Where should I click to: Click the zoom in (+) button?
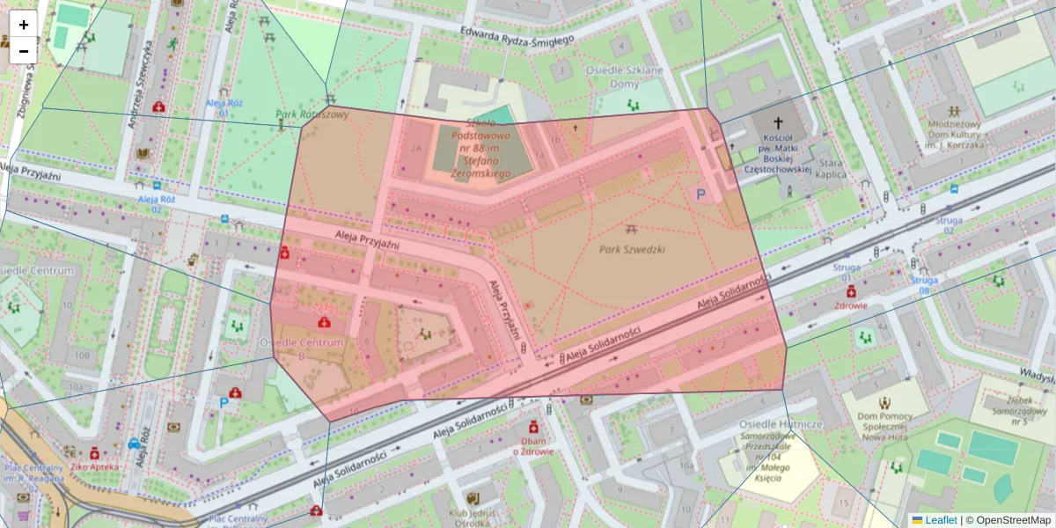click(x=24, y=25)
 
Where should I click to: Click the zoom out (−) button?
click(x=24, y=51)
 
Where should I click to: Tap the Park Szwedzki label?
click(x=632, y=249)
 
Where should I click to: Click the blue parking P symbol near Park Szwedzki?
click(x=701, y=194)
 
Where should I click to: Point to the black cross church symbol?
click(x=777, y=122)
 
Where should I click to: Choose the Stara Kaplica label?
click(x=832, y=169)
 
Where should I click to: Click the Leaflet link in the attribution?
click(x=935, y=520)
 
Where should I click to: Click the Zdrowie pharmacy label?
click(x=851, y=305)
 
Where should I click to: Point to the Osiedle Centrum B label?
click(x=290, y=348)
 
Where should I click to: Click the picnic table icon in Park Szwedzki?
click(x=632, y=230)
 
